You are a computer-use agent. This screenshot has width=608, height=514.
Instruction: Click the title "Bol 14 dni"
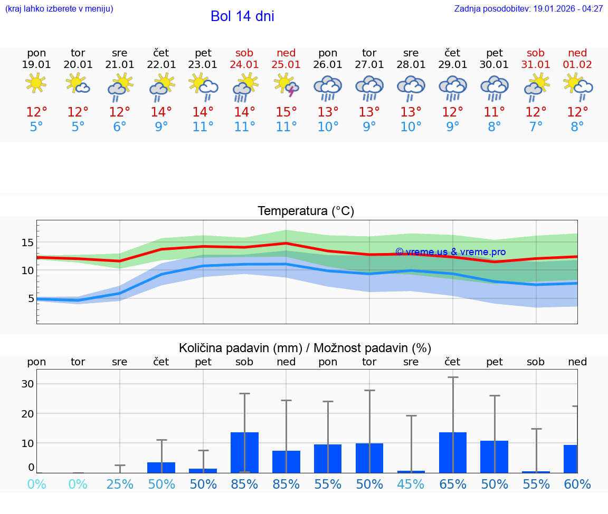pos(242,16)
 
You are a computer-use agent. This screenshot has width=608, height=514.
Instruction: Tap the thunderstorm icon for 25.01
pos(286,85)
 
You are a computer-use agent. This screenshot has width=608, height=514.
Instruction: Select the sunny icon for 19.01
pos(36,83)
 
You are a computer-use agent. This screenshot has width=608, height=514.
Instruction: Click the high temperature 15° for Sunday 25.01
pos(286,112)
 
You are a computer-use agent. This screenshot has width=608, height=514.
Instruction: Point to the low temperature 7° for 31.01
pos(536,127)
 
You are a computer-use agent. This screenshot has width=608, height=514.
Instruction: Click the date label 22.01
pos(161,65)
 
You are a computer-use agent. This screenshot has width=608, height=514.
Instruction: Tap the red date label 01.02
pos(577,65)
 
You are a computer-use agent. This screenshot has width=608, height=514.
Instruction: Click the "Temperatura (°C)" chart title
pos(306,211)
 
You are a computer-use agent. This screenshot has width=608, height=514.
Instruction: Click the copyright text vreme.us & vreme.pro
pos(450,252)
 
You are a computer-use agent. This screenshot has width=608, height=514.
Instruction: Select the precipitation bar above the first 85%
pos(244,452)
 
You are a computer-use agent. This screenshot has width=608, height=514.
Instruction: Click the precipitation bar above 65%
pos(453,452)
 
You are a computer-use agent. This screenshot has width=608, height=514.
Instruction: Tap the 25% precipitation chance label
pos(120,484)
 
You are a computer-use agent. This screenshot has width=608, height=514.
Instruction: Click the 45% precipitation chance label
pos(411,484)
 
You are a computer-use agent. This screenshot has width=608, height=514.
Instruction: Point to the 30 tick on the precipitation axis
pos(27,384)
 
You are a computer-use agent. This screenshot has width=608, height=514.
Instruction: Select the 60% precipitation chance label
pos(577,484)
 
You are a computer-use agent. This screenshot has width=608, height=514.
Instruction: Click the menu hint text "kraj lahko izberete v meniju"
pos(59,9)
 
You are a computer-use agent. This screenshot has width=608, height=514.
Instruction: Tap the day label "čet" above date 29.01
pos(452,53)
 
